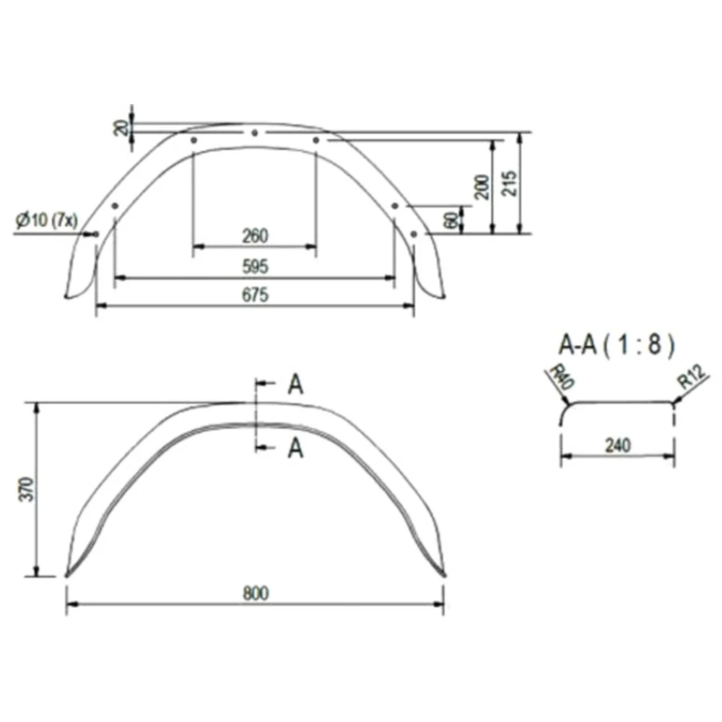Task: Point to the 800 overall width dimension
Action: [256, 593]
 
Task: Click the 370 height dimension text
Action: [27, 490]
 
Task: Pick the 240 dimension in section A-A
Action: [618, 445]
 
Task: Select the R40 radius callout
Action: [557, 378]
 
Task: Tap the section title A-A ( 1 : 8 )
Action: [616, 345]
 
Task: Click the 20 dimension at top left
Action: [123, 129]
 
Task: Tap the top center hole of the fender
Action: [255, 133]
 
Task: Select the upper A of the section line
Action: [295, 385]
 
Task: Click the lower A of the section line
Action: [295, 449]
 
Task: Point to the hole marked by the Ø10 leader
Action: [96, 233]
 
